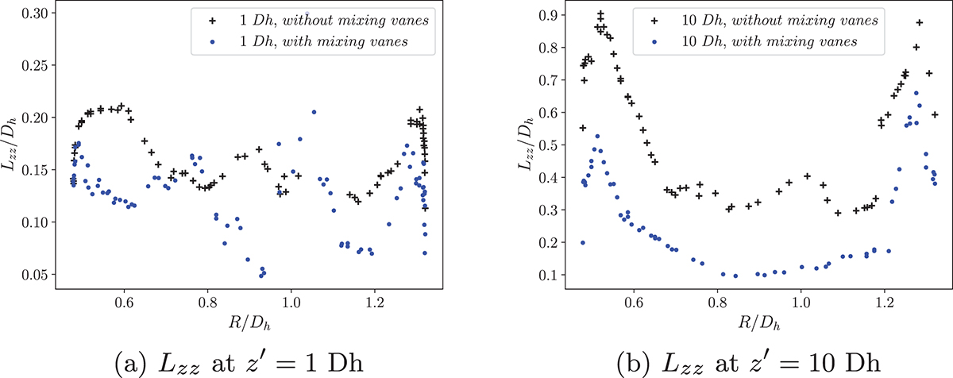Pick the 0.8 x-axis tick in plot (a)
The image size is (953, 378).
(x=208, y=302)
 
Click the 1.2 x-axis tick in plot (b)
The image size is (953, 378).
(x=885, y=302)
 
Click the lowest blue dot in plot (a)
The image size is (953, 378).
(x=261, y=275)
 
